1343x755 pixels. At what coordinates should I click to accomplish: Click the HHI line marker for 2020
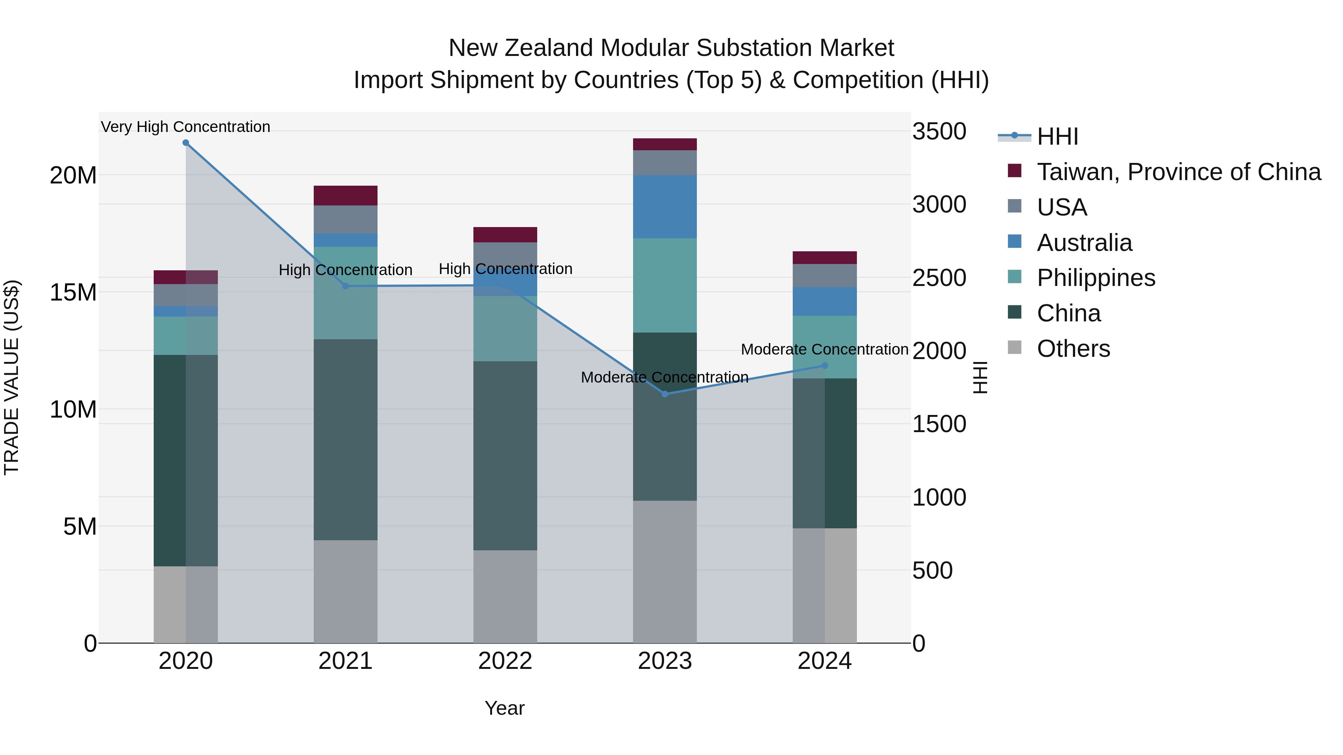pos(186,143)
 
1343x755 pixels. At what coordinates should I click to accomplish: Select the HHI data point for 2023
pos(665,394)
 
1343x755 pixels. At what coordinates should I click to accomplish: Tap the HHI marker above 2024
pos(824,366)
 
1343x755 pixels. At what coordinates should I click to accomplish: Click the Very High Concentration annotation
pos(186,127)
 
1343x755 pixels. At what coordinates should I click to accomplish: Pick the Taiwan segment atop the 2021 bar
pos(345,195)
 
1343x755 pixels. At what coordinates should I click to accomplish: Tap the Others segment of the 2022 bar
pos(505,596)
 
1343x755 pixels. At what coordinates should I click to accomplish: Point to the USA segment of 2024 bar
pos(824,276)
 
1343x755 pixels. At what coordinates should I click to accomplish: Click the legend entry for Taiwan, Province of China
pos(1178,172)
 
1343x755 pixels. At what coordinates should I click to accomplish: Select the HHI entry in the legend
pos(1057,136)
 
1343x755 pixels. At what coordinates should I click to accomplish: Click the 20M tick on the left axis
pos(73,176)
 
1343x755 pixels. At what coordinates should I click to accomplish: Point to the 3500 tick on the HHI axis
pos(939,131)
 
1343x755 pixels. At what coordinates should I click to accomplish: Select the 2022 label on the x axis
pos(505,661)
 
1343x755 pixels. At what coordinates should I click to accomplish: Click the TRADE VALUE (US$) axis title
pos(12,377)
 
